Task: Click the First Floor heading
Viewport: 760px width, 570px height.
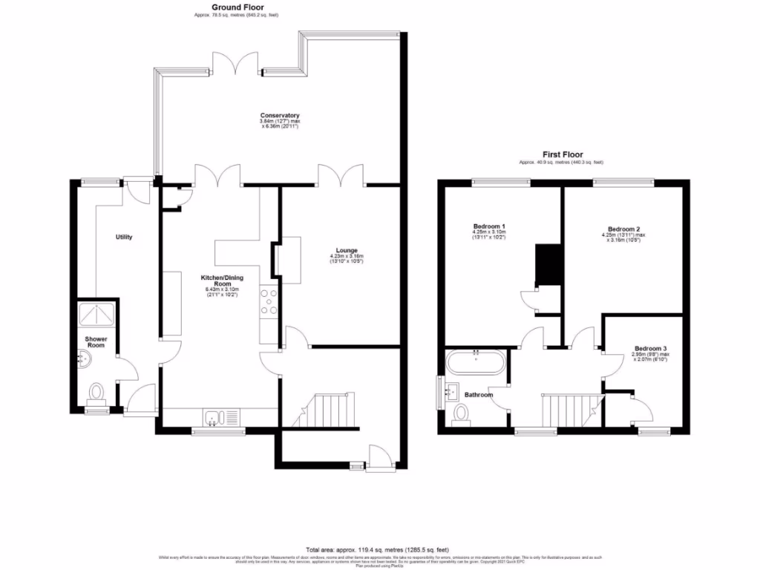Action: pyautogui.click(x=561, y=154)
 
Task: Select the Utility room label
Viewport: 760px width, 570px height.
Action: pyautogui.click(x=123, y=237)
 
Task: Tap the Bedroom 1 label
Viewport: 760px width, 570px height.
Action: pyautogui.click(x=489, y=226)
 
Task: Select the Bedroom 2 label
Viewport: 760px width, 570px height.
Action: pyautogui.click(x=623, y=229)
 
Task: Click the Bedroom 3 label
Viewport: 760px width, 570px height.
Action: pyautogui.click(x=650, y=348)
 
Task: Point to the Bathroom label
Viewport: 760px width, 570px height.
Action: pyautogui.click(x=479, y=395)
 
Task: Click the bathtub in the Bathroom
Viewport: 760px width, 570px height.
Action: pyautogui.click(x=476, y=363)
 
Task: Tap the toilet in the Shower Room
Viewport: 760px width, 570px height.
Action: pyautogui.click(x=96, y=391)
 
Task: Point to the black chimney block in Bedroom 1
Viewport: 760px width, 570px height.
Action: pyautogui.click(x=548, y=263)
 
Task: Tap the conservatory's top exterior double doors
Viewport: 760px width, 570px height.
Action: pyautogui.click(x=237, y=63)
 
